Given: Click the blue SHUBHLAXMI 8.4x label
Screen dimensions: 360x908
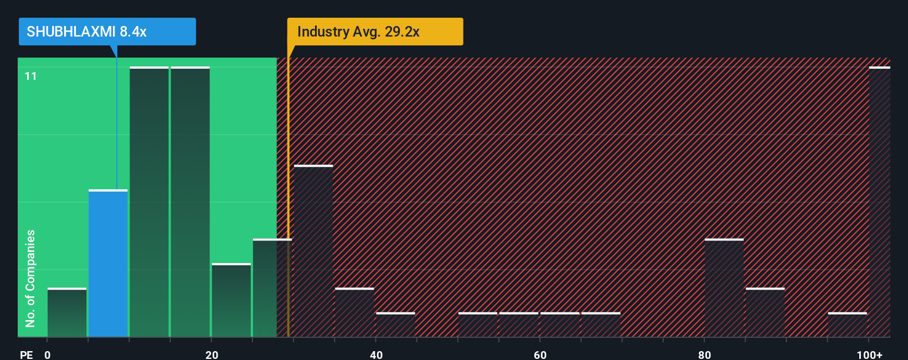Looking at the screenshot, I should (x=107, y=32).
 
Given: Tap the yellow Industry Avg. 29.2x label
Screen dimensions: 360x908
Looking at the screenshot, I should (x=375, y=32).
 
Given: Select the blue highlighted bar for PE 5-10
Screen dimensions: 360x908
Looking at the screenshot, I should (x=108, y=263).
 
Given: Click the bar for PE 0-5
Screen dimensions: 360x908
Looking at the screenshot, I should (x=67, y=312).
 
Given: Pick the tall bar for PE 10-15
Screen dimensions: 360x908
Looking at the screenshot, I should (x=149, y=202).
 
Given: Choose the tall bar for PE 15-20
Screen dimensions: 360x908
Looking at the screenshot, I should (x=190, y=202).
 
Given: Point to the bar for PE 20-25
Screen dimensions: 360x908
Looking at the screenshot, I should (x=231, y=300).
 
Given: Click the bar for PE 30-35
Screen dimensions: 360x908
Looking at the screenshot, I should (x=313, y=251).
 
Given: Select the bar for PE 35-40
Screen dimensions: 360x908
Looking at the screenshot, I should (x=354, y=312).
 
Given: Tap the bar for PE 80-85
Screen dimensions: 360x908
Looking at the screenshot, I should (x=724, y=288).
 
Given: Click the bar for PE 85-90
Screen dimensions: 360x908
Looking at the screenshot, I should (x=765, y=312).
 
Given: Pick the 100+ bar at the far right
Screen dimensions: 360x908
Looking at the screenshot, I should (x=879, y=202).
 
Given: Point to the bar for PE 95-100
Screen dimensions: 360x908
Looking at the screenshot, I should (x=847, y=325).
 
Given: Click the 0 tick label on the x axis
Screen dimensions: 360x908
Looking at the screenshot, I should (x=48, y=354).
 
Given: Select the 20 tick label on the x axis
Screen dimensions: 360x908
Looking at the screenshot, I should (x=211, y=354).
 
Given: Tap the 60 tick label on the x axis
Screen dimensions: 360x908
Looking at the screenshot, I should (x=540, y=354).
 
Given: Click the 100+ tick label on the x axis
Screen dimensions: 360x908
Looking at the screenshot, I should (x=869, y=354).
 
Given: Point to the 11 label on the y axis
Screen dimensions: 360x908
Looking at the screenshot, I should (x=30, y=76).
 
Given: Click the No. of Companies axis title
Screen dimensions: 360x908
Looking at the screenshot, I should (x=30, y=278).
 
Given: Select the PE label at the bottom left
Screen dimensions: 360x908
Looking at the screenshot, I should (x=26, y=354).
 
